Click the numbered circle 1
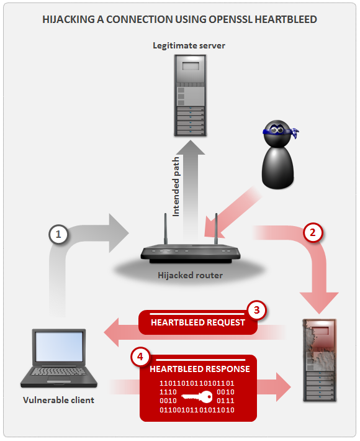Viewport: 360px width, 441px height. [58, 234]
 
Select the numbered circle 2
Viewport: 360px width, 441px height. [313, 233]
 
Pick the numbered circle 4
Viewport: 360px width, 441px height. [140, 357]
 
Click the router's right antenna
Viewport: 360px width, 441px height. [215, 231]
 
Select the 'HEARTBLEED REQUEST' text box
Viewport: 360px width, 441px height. [197, 322]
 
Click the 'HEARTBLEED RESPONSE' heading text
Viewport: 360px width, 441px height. [200, 369]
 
